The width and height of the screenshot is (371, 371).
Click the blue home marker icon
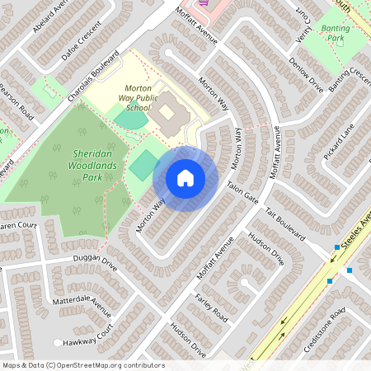click(x=185, y=178)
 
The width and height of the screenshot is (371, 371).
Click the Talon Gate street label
click(x=243, y=195)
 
